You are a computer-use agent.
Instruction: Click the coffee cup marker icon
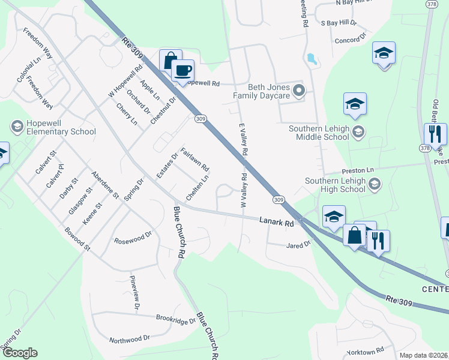[182, 70]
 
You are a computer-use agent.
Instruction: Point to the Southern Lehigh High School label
[334, 185]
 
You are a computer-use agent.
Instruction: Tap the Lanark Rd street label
[276, 222]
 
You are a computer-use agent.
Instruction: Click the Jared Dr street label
[298, 245]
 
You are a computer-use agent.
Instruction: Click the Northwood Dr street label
[130, 340]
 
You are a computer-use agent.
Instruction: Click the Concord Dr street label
[351, 40]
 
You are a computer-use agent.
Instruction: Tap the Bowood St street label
[78, 238]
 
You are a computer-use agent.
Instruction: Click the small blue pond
[311, 59]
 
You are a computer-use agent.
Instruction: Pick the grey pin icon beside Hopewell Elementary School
[17, 127]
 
